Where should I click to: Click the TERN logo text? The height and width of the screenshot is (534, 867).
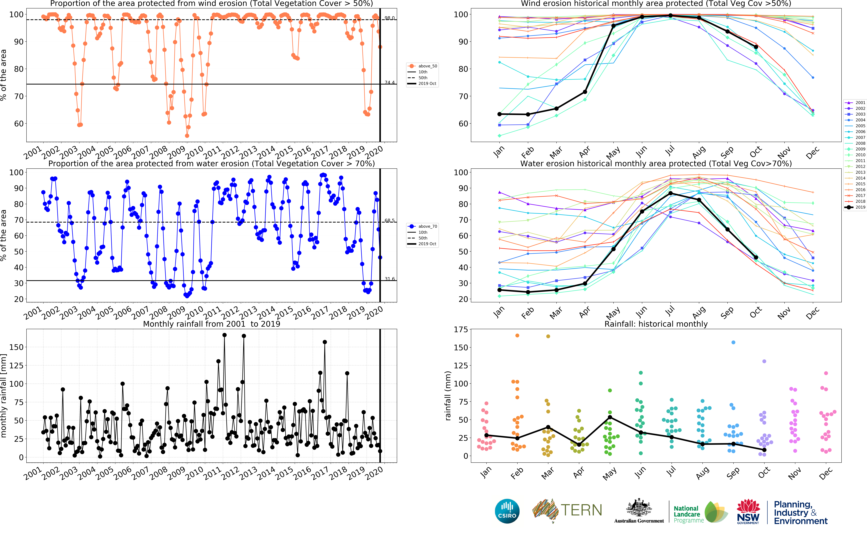point(581,510)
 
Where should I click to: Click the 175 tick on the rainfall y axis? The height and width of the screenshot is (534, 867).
point(461,329)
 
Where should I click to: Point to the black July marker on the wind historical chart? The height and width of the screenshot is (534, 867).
point(670,16)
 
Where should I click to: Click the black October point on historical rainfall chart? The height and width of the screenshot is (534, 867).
point(764,450)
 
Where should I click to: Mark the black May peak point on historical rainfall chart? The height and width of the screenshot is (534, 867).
point(610,417)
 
